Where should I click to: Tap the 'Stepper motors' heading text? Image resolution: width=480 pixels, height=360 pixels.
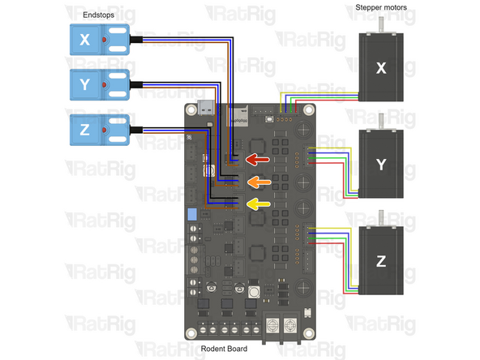coord(381,8)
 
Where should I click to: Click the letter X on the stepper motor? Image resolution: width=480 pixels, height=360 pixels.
coord(381,69)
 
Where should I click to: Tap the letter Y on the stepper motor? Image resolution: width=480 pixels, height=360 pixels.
coord(381,165)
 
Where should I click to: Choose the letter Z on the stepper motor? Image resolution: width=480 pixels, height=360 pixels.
coord(381,261)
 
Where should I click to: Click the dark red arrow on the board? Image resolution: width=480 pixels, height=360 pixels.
coord(257,159)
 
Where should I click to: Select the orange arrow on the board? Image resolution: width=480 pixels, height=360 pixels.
coord(257,182)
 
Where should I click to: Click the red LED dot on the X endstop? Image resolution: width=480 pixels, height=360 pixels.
coord(106,39)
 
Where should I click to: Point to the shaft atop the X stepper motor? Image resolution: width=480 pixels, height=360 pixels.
coord(381,26)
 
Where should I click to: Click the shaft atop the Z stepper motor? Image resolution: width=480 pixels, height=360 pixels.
coord(381,218)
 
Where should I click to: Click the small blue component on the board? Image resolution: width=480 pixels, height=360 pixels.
coord(192,215)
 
